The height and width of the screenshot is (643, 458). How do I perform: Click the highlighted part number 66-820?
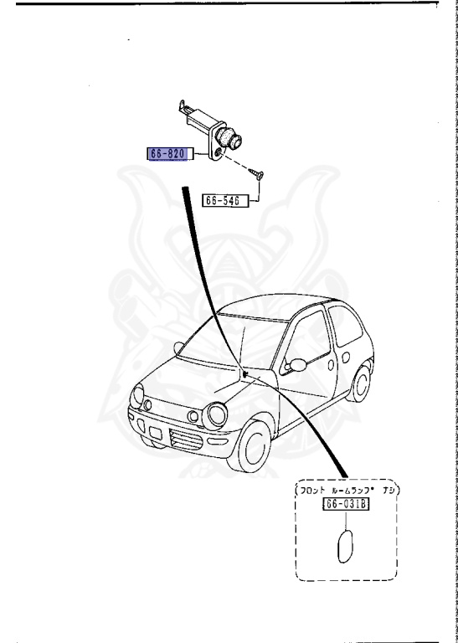click(169, 154)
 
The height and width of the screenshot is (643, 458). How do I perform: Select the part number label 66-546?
click(225, 201)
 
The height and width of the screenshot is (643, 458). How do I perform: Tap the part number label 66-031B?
click(346, 504)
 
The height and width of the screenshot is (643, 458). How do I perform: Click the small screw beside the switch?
click(256, 175)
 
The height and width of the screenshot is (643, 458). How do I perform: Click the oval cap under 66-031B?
click(345, 546)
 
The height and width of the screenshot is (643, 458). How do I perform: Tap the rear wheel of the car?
click(359, 383)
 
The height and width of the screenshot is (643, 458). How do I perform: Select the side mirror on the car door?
click(296, 365)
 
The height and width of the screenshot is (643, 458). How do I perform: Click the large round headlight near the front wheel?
click(215, 415)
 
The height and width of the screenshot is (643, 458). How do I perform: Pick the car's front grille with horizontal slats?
click(186, 440)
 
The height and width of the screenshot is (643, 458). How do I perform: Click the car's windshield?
click(234, 342)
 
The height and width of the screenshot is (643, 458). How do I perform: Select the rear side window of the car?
click(345, 325)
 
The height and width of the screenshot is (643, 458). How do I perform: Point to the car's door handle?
click(331, 364)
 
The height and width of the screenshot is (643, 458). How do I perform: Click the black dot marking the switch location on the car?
click(244, 373)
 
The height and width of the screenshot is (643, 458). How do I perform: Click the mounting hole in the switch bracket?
click(219, 152)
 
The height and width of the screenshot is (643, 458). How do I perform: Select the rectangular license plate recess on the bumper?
click(156, 433)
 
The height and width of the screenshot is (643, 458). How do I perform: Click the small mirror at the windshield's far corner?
click(178, 347)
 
